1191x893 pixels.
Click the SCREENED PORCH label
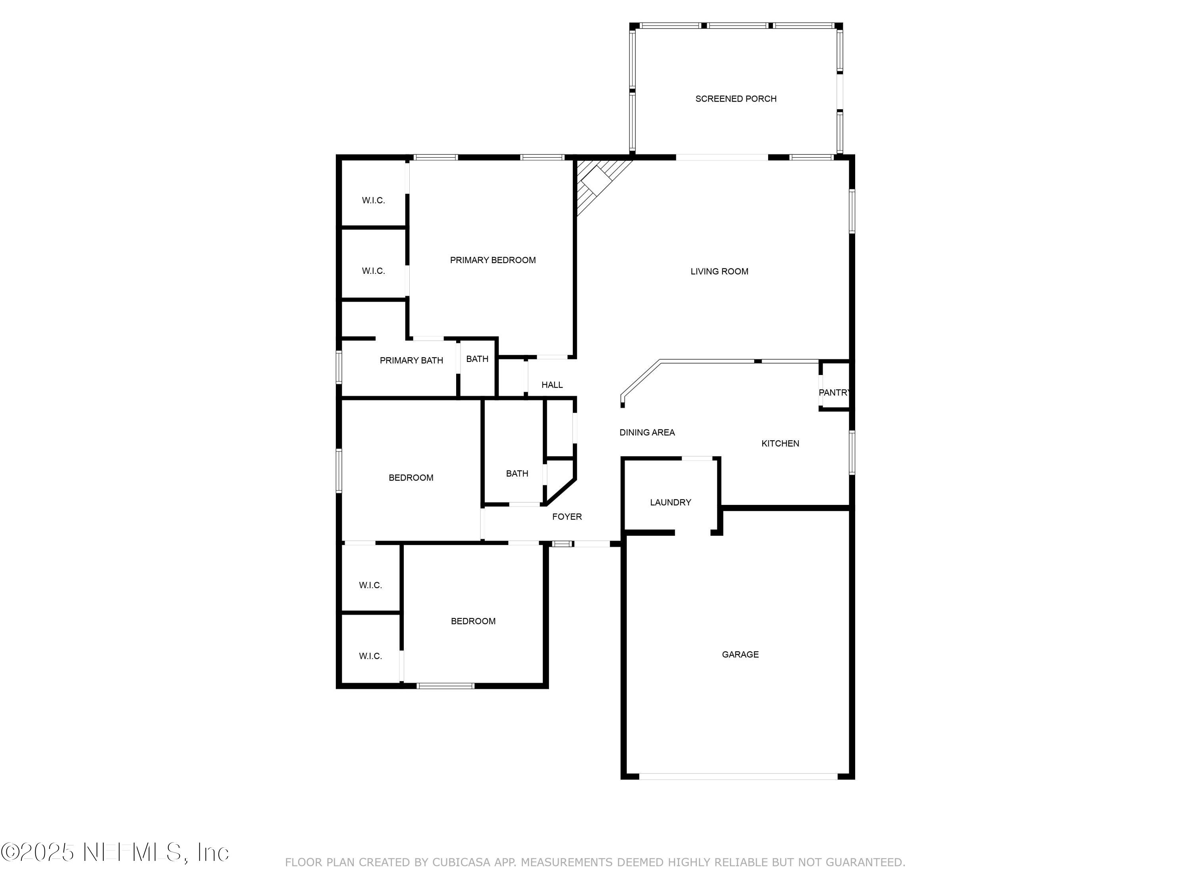(x=736, y=98)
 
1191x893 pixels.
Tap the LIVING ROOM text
(x=719, y=271)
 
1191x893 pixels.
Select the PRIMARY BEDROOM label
(x=493, y=260)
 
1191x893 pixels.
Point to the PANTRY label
(x=833, y=393)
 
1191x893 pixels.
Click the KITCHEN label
(x=780, y=443)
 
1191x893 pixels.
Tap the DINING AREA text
(x=647, y=432)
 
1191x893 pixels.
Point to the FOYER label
(x=567, y=516)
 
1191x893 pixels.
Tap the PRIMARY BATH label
(x=411, y=360)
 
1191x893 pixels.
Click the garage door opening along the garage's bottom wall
(x=738, y=776)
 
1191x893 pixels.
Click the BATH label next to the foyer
(x=517, y=473)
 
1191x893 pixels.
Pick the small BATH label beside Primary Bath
(x=477, y=358)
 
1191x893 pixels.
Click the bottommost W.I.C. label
(x=370, y=656)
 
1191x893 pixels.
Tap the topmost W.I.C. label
(x=373, y=200)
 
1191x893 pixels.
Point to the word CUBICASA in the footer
(x=461, y=862)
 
